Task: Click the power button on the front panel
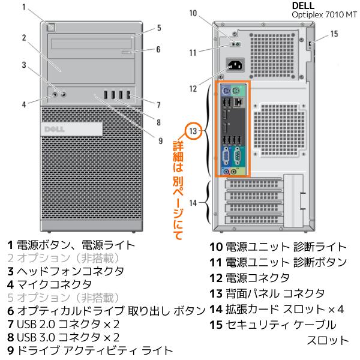(x=52, y=26)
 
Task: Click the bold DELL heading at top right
(x=302, y=5)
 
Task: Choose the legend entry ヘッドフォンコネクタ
(x=70, y=271)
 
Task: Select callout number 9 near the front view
(x=160, y=141)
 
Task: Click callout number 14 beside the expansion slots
(x=190, y=203)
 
